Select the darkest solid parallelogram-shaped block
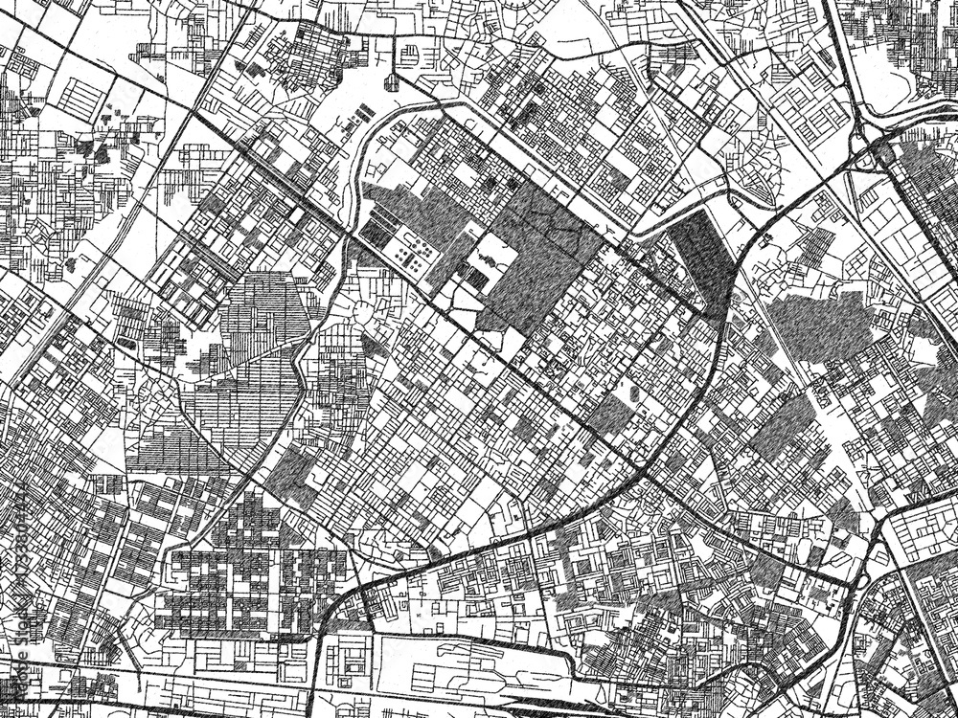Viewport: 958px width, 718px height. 704,258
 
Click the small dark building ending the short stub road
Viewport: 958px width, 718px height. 392,81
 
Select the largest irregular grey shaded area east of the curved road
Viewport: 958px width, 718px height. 819,325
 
